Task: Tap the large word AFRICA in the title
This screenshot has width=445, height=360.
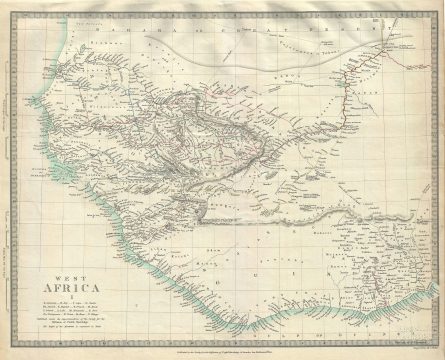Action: click(x=63, y=288)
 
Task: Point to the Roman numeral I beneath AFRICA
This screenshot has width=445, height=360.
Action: click(x=63, y=296)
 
